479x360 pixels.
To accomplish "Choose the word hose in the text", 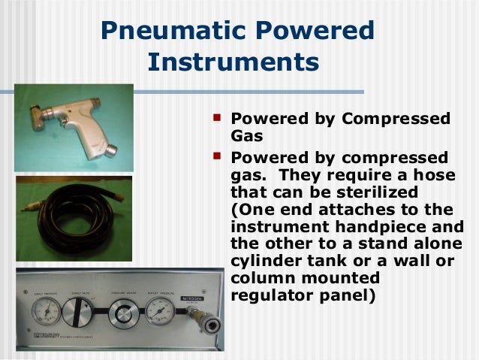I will point(438,174).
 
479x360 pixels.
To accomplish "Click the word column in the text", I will point(262,279).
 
